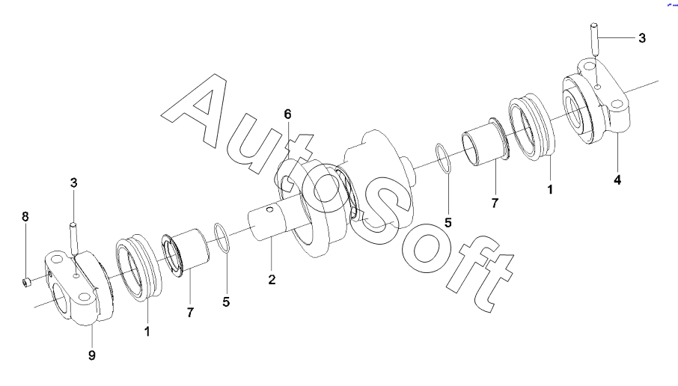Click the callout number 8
25,217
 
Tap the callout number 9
92,355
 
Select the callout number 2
272,280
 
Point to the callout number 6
287,114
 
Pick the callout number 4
617,180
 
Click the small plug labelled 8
25,282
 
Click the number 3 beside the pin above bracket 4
641,38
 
